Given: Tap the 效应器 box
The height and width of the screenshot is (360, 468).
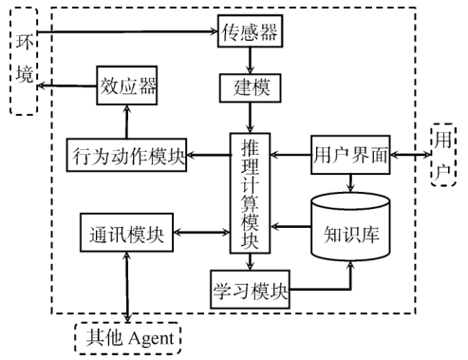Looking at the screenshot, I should pyautogui.click(x=126, y=87).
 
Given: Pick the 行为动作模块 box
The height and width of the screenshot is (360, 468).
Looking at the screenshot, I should pyautogui.click(x=127, y=154).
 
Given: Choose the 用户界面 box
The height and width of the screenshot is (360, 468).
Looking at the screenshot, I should pyautogui.click(x=350, y=154).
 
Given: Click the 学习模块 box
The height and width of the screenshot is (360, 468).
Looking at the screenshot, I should pyautogui.click(x=250, y=289).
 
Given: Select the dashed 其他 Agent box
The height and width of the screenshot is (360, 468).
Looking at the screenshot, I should pyautogui.click(x=127, y=337).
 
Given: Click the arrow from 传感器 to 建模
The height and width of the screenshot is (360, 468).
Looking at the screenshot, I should pyautogui.click(x=250, y=60).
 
